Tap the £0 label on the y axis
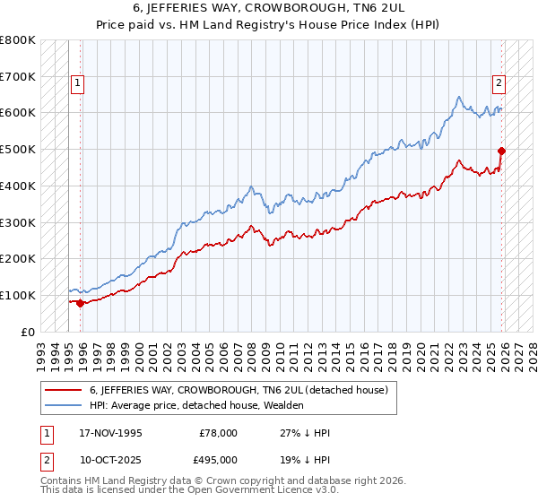tap(28, 332)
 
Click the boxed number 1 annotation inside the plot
tap(77, 83)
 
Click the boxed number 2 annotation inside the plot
tap(499, 83)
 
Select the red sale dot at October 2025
tap(501, 151)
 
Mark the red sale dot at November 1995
tap(81, 303)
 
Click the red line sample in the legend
tap(64, 390)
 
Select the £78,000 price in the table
tap(219, 433)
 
